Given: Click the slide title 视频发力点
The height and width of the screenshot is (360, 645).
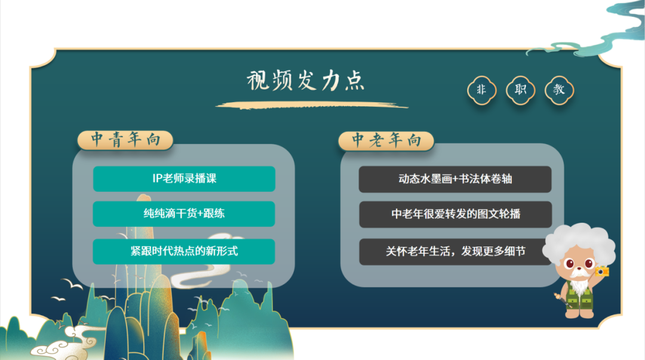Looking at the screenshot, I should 306,81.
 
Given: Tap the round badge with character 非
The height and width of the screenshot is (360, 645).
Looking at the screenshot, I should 481,90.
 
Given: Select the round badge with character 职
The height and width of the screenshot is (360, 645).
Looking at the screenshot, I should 520,90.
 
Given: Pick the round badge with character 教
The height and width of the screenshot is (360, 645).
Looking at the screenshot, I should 559,90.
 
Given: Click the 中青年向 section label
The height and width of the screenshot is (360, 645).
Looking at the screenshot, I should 125,140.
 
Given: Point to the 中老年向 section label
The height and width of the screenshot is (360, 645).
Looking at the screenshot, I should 386,140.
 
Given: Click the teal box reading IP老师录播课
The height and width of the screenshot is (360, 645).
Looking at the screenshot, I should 184,179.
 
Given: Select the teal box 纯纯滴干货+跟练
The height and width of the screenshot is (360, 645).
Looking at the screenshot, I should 184,214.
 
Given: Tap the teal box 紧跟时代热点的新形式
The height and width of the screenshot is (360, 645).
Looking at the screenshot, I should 184,251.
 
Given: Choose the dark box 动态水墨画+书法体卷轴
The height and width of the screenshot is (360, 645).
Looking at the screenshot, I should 454,179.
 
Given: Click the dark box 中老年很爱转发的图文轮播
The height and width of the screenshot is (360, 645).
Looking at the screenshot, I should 454,214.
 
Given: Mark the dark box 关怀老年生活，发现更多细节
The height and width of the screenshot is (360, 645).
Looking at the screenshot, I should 454,251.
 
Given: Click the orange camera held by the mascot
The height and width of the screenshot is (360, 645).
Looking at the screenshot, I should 602,272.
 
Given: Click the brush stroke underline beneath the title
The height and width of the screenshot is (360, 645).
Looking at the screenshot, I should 311,106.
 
